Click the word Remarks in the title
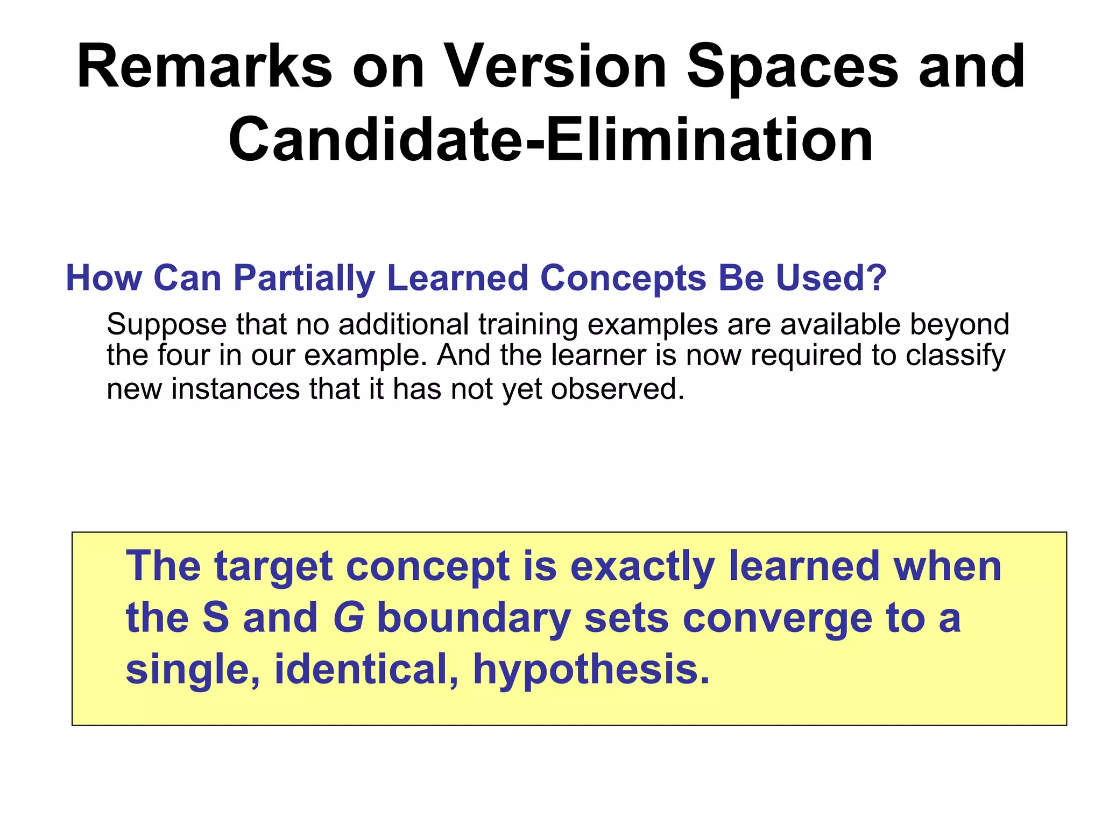click(x=204, y=68)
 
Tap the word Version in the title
click(x=556, y=68)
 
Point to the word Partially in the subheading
click(x=304, y=279)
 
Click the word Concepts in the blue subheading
click(x=623, y=279)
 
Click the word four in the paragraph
click(x=183, y=355)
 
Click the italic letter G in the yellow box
click(x=349, y=618)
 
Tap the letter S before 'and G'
click(x=216, y=618)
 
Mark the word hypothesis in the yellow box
click(x=591, y=671)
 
